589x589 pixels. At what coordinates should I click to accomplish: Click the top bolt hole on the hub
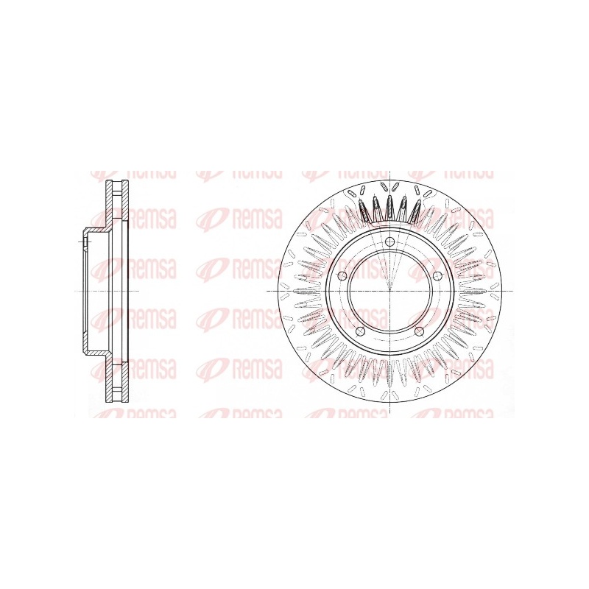[390, 241]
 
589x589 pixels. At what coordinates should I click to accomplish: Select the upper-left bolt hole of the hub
[342, 276]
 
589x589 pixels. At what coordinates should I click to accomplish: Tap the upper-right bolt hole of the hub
[437, 276]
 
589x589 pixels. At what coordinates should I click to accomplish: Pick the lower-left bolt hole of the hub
[361, 331]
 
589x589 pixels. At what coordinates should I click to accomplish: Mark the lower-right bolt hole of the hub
[419, 331]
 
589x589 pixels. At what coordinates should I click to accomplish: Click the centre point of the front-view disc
[390, 291]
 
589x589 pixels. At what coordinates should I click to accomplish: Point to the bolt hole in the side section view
[85, 241]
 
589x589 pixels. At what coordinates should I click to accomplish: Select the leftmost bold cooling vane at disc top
[363, 211]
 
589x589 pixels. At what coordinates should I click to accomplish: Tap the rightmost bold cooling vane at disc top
[416, 211]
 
